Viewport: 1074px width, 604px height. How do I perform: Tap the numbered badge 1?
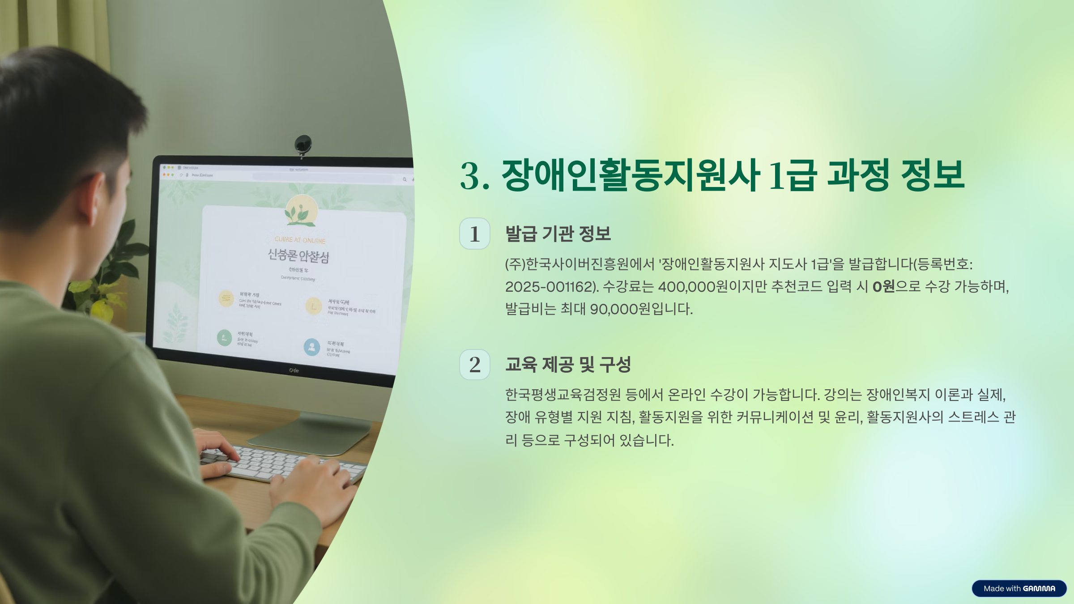(475, 234)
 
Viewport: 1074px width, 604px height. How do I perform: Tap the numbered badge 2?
(475, 365)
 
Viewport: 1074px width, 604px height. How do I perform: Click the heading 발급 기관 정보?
(558, 234)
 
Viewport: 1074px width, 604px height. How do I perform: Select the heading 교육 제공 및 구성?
(568, 364)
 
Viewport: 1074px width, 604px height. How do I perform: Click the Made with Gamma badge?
(1019, 588)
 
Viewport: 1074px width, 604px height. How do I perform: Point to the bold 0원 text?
(883, 286)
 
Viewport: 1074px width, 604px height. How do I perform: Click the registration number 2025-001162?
(550, 287)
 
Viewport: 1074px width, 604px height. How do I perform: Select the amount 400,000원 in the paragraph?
(693, 287)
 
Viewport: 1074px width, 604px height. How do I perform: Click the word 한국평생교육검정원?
(563, 395)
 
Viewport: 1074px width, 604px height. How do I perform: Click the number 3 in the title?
(470, 176)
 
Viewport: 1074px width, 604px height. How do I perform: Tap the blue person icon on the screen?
(312, 347)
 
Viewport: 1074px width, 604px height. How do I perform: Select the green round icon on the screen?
(224, 338)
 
